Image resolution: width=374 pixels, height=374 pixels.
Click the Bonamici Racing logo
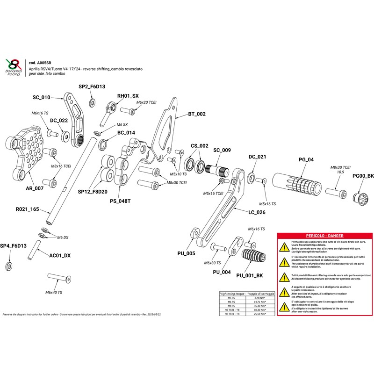13,68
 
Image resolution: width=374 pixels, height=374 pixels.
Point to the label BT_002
197,114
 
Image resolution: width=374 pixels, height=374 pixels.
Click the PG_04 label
306,160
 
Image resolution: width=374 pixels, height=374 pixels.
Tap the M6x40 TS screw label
54,292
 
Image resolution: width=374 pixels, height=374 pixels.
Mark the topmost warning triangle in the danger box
283,245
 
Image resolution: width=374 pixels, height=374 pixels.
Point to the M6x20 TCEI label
146,102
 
